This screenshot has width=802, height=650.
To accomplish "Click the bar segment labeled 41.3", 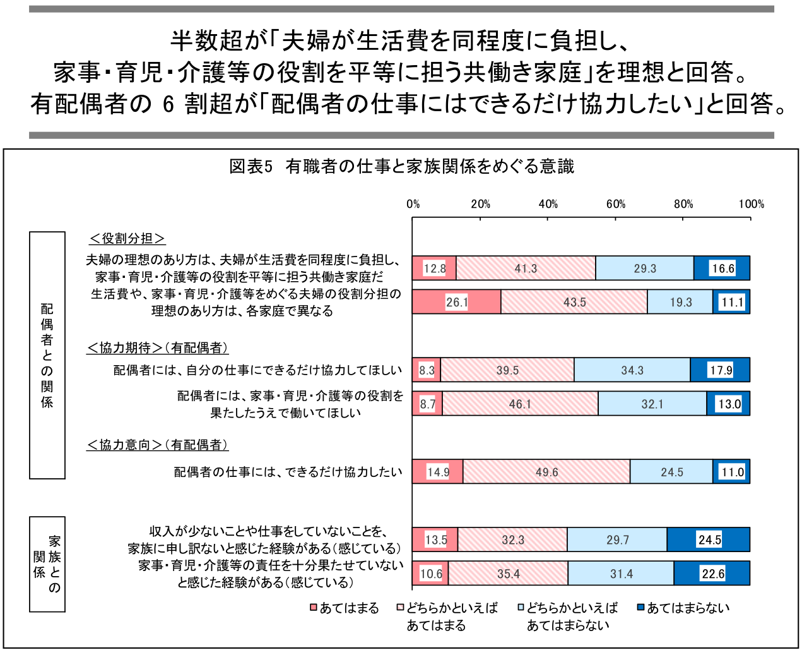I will pos(526,268).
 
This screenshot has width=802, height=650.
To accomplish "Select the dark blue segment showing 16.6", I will pos(722,268).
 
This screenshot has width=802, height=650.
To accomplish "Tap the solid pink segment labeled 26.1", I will pos(457,302).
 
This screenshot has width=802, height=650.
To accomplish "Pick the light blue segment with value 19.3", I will pos(680,302).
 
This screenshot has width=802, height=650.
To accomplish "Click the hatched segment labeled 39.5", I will pos(507,370).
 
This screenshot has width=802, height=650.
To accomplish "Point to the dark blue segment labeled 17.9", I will pos(720,370).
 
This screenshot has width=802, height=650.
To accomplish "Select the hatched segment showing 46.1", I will pos(520,404).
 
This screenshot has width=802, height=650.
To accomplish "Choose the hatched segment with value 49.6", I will pos(546,472).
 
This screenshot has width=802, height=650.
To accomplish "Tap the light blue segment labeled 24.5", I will pos(671,472).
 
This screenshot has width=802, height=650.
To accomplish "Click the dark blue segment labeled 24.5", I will pos(709,540).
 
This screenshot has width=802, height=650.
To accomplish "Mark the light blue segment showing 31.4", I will pos(621,574).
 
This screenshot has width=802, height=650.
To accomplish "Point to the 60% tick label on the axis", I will pos(616,204).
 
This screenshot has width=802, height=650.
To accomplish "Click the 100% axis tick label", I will pos(751,204).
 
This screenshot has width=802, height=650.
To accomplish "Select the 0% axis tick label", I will pos(413,204).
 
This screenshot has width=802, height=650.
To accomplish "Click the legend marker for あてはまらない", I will pos(640,608).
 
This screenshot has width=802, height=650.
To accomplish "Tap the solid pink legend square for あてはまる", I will pos(314,608).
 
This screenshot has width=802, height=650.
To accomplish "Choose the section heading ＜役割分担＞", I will pos(127,239).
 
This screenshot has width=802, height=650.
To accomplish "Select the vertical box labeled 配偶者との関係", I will pos(47,355).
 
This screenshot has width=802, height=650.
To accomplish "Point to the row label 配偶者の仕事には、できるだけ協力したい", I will pos(288,472).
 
